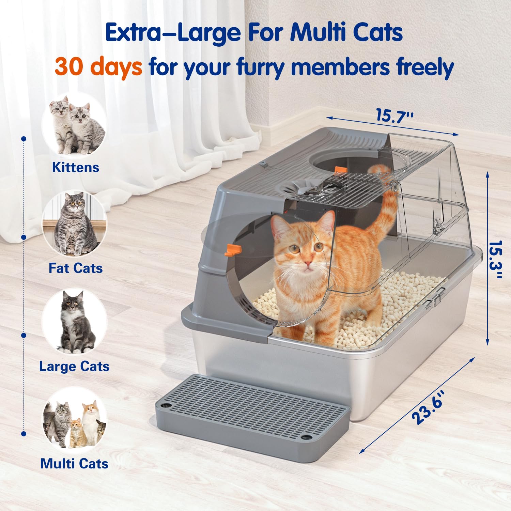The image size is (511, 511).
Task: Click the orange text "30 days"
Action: click(98, 67)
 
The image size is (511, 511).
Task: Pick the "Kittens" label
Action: click(75, 167)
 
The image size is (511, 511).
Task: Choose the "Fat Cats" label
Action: click(75, 268)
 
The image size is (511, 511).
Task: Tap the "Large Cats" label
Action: click(74, 367)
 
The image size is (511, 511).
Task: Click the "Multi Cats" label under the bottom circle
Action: click(74, 464)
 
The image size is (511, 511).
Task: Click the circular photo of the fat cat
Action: click(74, 224)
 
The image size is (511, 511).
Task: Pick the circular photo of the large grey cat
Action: click(74, 322)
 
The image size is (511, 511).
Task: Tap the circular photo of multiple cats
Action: click(74, 421)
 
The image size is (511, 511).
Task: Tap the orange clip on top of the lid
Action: click(340, 170)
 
